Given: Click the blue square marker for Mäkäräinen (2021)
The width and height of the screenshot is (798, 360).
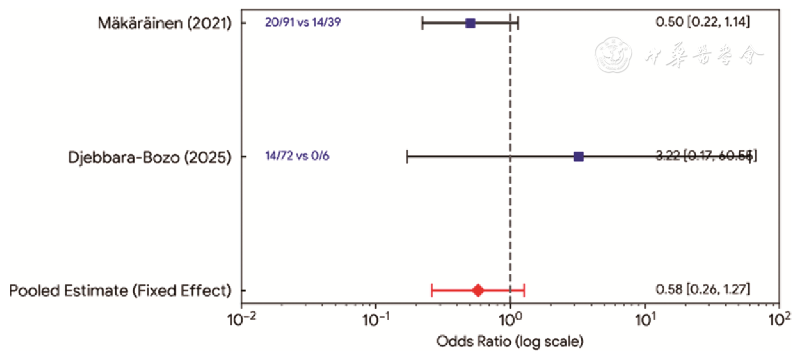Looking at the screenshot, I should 471,23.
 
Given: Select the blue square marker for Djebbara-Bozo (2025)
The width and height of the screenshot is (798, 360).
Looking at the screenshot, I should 579,157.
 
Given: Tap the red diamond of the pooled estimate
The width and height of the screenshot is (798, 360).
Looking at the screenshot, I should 478,290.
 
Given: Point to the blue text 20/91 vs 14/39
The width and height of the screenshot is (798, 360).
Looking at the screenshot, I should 303,23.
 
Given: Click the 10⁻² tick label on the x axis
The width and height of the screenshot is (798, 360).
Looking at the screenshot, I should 241,320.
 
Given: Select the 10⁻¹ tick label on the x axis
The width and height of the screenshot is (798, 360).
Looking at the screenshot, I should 376,320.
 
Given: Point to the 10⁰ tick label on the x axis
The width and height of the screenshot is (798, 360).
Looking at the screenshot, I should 510,320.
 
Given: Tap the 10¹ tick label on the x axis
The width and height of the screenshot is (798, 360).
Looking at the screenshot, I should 645,320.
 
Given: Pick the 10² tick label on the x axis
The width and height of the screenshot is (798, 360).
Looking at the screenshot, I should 779,320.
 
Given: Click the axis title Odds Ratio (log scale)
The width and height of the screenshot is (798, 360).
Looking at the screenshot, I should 510,342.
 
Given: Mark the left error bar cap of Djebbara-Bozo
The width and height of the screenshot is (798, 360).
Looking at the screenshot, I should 407,157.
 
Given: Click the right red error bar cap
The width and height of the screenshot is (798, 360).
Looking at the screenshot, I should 524,290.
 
